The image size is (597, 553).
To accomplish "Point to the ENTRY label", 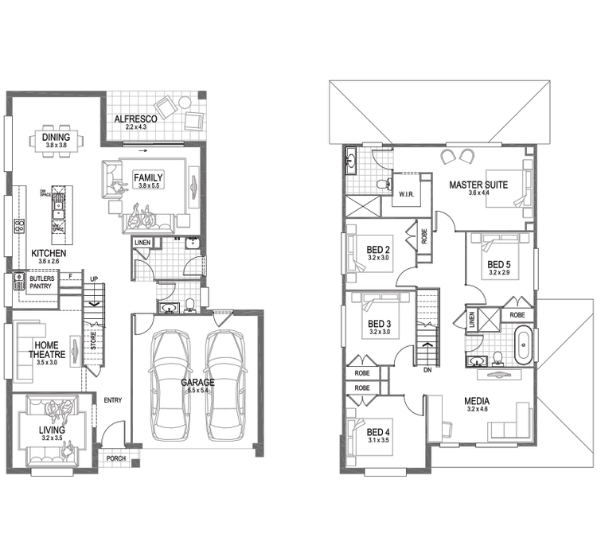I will pos(112,399).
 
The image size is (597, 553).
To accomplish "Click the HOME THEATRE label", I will pos(45,350).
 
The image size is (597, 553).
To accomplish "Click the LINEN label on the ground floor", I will pos(142,242).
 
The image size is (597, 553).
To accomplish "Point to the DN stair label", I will pos(427,370).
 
